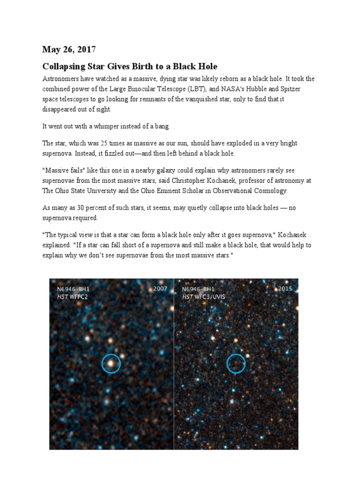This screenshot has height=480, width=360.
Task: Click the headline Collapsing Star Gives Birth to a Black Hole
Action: tap(130, 66)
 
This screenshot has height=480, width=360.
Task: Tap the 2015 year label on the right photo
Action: tap(285, 289)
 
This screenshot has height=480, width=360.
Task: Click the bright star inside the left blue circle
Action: tap(111, 363)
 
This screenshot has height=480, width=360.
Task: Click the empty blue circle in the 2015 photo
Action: tap(236, 363)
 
